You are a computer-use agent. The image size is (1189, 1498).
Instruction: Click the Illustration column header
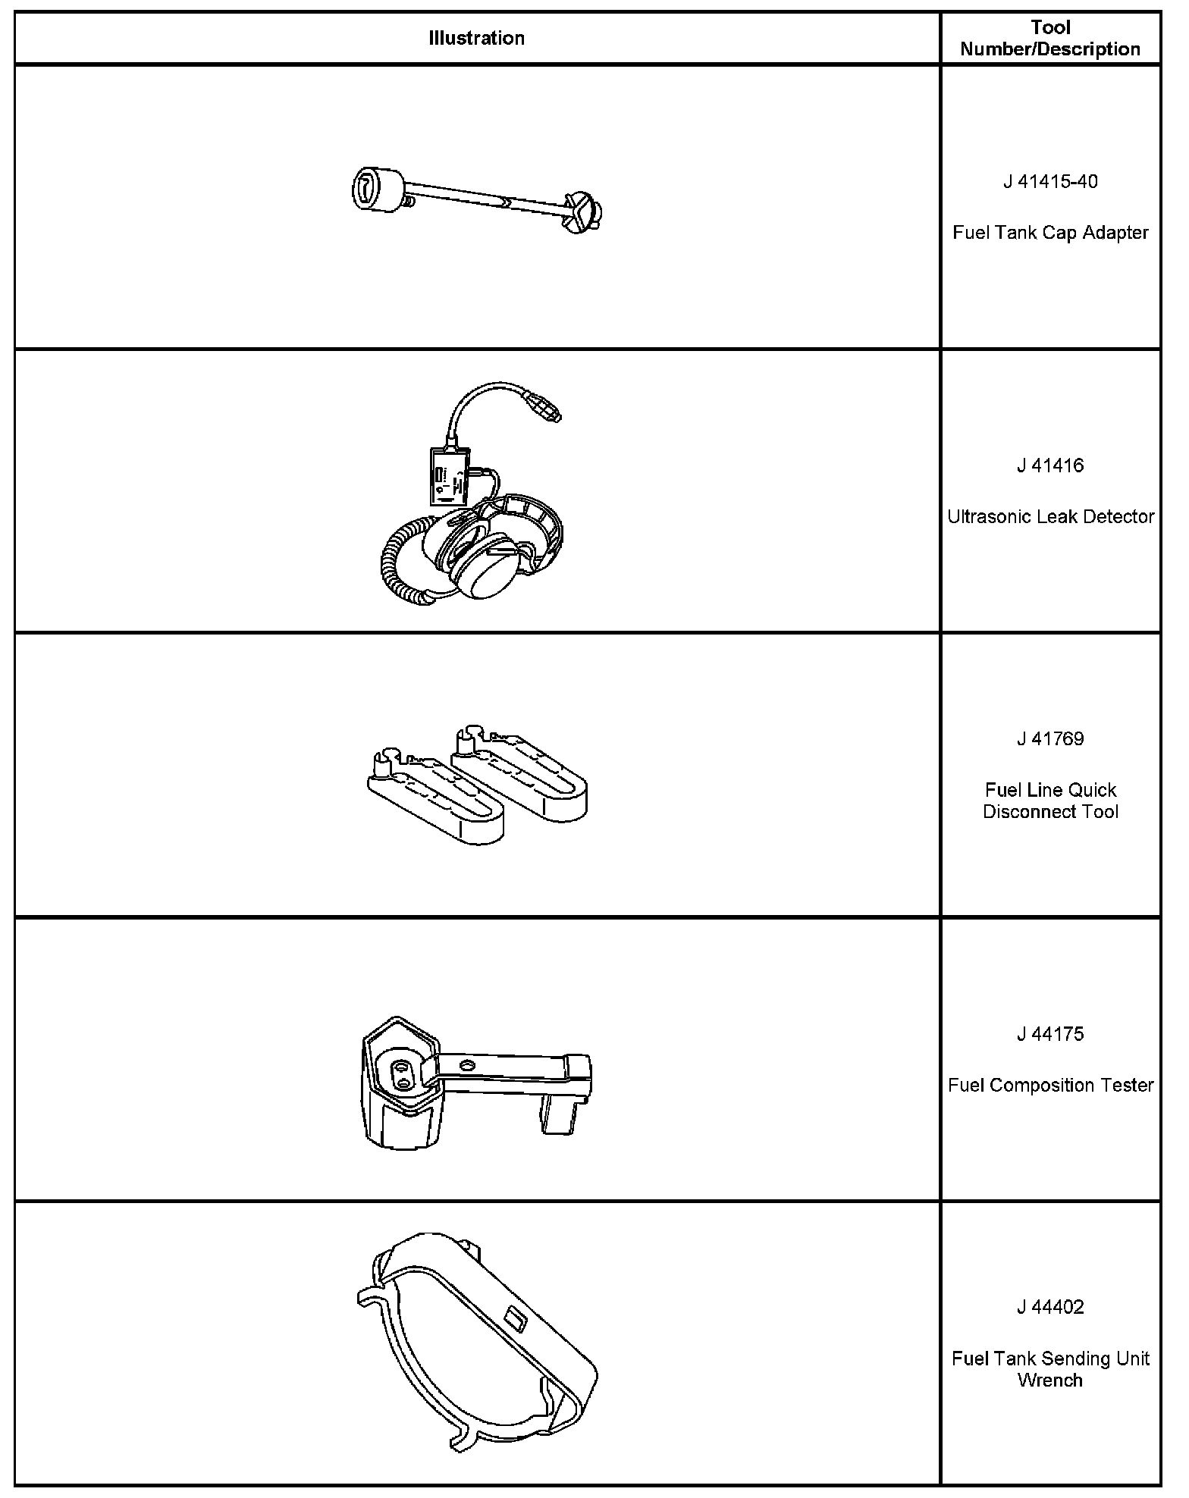click(476, 38)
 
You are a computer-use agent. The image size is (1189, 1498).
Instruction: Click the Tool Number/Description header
click(1050, 38)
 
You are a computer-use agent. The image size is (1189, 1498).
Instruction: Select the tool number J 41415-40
click(1050, 182)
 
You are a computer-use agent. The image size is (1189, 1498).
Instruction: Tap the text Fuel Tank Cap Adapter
click(1050, 233)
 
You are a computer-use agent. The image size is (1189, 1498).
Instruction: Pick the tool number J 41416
click(1050, 465)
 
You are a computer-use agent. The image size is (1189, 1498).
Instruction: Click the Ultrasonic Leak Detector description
click(1050, 517)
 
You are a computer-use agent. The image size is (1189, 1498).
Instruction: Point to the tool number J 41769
click(1050, 739)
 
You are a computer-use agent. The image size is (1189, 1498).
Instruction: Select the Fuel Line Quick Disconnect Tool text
click(1050, 801)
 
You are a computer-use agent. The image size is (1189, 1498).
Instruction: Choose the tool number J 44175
click(1050, 1034)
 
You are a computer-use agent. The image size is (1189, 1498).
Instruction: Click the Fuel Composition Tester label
click(1050, 1086)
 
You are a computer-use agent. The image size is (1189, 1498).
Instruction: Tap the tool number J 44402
click(1050, 1307)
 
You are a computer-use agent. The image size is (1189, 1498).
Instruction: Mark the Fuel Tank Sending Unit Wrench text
click(1050, 1369)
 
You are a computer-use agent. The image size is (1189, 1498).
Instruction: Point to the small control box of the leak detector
click(450, 476)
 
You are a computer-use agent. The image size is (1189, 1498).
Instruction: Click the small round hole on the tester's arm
click(466, 1067)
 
